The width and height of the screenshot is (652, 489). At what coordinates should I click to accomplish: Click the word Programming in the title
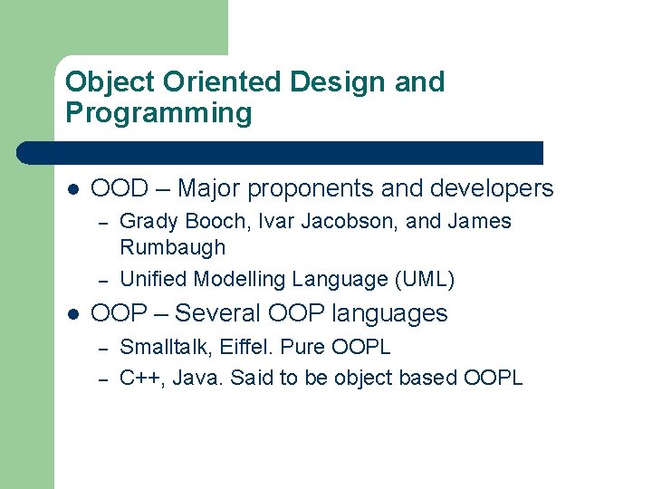[158, 114]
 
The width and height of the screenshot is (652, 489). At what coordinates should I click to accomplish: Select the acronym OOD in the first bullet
[120, 188]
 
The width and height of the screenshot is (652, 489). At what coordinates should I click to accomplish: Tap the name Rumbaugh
[172, 247]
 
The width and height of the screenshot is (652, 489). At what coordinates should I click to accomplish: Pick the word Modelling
[244, 279]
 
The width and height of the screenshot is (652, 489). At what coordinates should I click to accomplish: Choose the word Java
[197, 378]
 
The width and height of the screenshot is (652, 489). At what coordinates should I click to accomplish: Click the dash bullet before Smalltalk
[103, 348]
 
